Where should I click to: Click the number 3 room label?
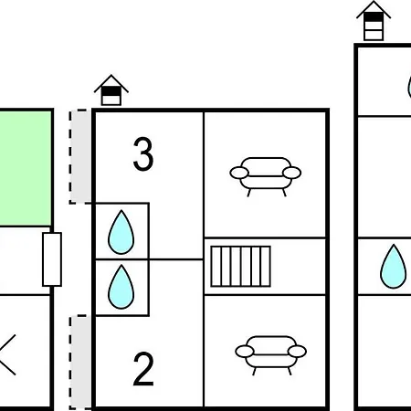click(143, 154)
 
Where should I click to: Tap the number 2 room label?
click(143, 369)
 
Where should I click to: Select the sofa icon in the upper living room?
click(266, 177)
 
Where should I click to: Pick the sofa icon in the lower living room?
click(270, 355)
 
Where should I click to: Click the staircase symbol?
click(240, 267)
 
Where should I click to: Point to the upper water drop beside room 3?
click(121, 232)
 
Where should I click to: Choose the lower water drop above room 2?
click(121, 287)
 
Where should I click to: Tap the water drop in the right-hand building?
click(393, 267)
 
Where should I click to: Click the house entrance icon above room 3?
click(111, 90)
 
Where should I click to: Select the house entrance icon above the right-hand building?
click(374, 21)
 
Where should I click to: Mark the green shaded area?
click(26, 168)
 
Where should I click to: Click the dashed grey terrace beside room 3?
click(80, 156)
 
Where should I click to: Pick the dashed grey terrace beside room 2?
click(80, 363)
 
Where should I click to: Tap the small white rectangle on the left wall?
click(52, 259)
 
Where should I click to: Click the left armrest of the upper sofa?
click(239, 173)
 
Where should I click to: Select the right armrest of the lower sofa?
click(297, 352)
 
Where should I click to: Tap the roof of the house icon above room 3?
click(111, 83)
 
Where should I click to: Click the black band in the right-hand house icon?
click(374, 17)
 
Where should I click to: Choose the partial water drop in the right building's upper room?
click(409, 87)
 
